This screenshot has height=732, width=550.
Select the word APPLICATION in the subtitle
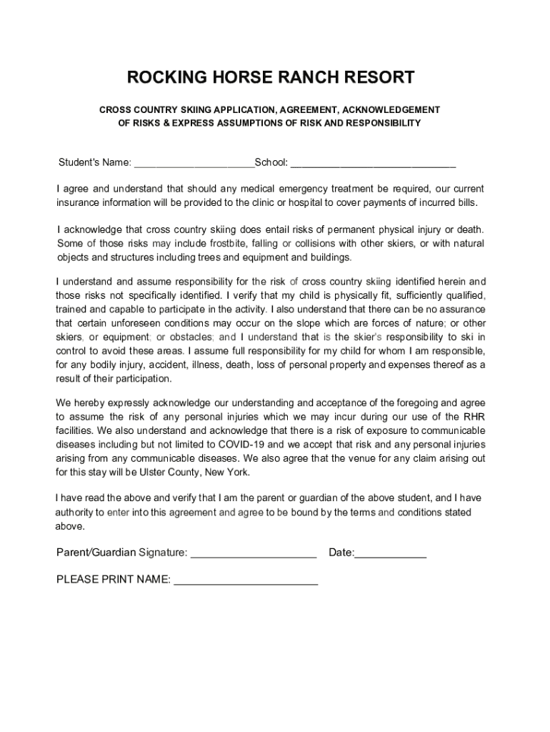coord(225,110)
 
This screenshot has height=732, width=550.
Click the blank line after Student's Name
coord(194,162)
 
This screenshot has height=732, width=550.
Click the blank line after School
coord(373,162)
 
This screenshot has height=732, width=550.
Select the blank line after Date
coord(391,553)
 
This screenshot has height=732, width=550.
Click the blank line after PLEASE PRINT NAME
coord(246,580)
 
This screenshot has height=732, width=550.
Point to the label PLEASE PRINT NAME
coord(113,580)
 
